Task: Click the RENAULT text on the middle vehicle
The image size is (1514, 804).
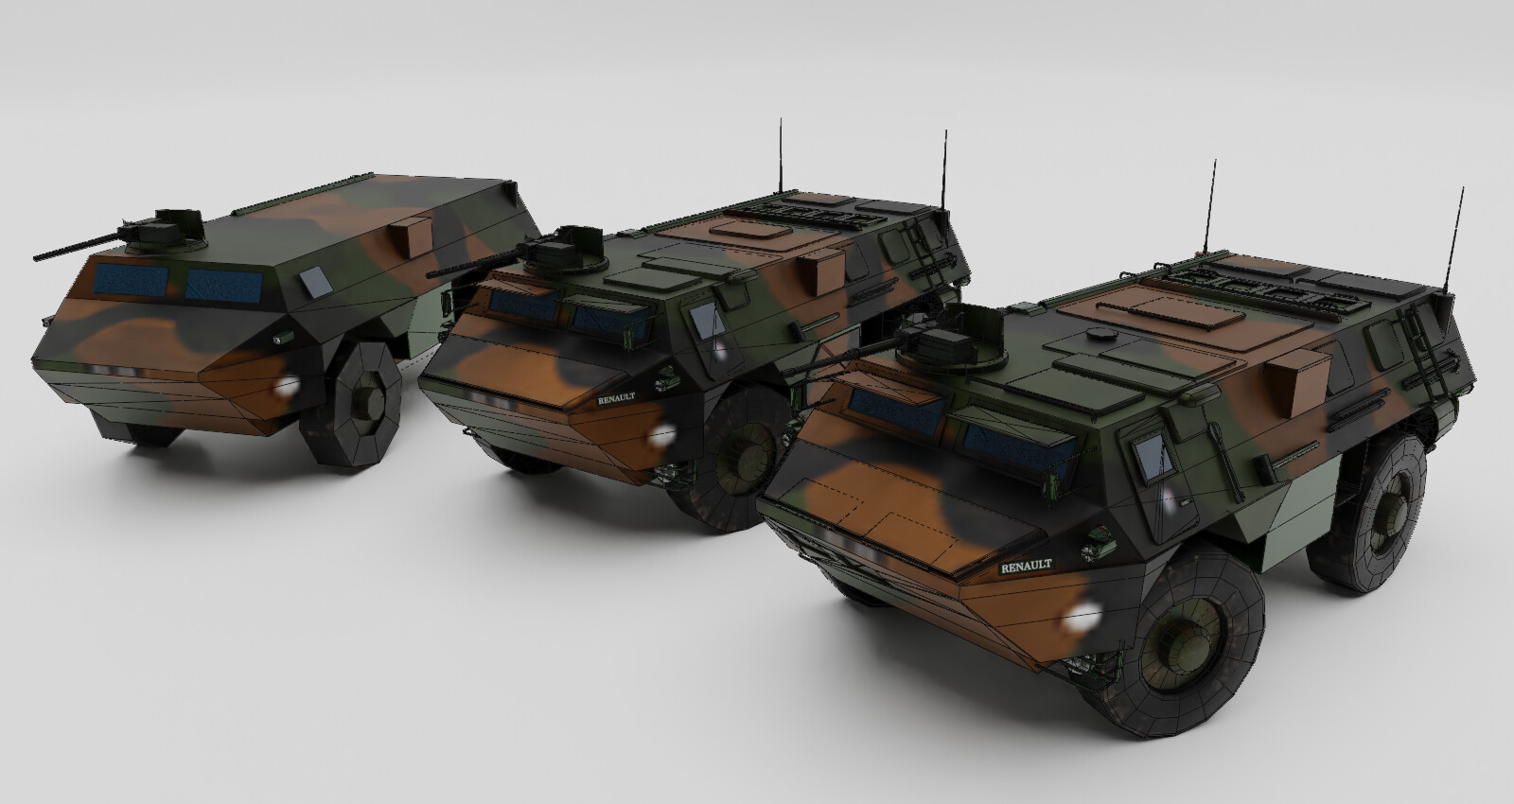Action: [x=617, y=398]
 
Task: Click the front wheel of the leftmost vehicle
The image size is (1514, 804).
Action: [x=364, y=405]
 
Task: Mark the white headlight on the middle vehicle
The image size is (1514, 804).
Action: [x=664, y=434]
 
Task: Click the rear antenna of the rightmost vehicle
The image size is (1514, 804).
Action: [x=1455, y=236]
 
